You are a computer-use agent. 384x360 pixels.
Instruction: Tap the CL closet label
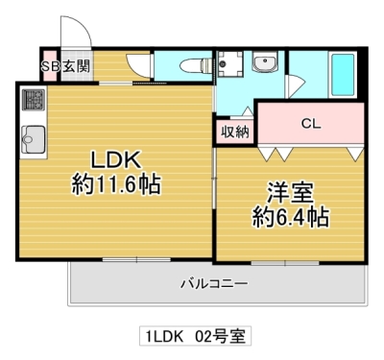point(310,123)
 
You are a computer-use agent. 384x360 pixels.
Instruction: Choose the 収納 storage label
point(235,132)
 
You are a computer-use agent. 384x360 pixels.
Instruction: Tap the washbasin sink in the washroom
point(263,64)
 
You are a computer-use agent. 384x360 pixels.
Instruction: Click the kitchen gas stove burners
point(35,100)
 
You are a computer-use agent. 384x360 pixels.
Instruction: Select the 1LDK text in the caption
point(166,336)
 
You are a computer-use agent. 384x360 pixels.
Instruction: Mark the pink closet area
point(310,125)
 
